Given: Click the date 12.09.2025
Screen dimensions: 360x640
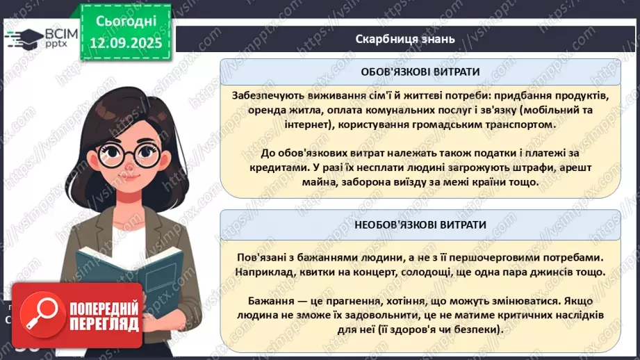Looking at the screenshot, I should [x=126, y=42].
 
